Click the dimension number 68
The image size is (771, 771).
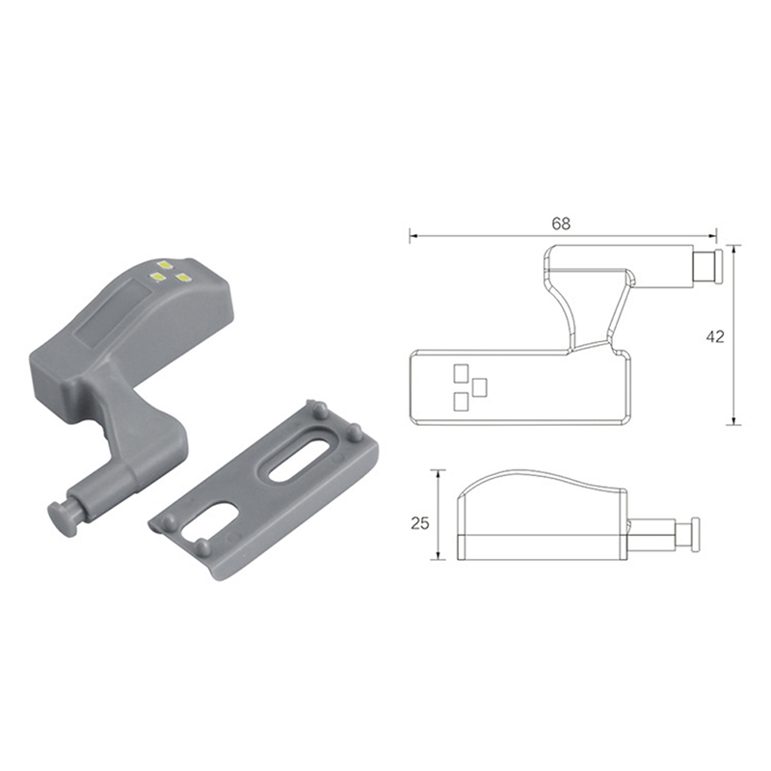561,224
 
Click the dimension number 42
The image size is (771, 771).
715,336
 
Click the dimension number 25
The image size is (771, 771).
420,523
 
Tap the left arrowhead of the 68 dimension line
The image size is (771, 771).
413,236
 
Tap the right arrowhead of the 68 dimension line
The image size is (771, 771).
712,236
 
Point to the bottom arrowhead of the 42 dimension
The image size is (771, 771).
733,420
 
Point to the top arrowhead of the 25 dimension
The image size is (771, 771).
438,473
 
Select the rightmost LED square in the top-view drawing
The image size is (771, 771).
479,387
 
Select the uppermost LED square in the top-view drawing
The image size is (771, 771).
461,373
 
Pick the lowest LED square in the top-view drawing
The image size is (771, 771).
461,402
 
